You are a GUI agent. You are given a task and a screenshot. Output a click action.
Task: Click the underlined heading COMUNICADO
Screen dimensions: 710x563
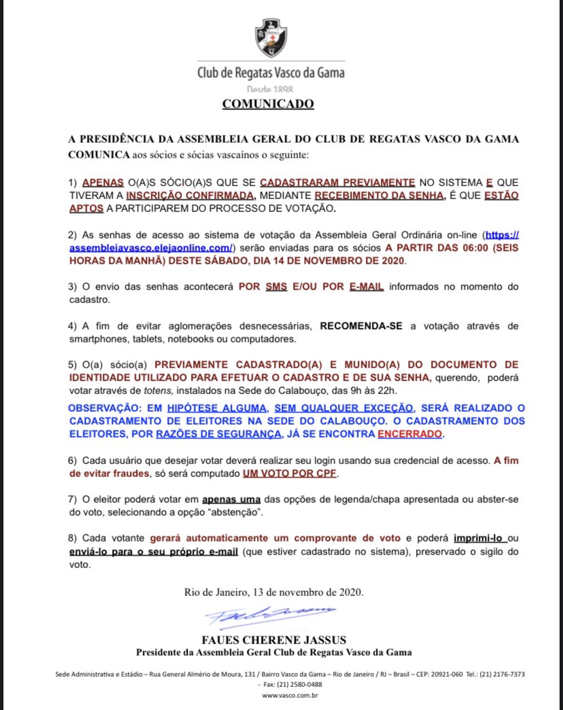(269, 104)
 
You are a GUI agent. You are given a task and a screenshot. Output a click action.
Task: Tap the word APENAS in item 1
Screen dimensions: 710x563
(103, 183)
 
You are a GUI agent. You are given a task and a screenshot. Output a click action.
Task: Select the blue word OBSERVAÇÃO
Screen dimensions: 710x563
(104, 408)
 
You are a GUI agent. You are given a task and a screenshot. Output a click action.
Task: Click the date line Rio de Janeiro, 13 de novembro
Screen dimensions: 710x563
(273, 592)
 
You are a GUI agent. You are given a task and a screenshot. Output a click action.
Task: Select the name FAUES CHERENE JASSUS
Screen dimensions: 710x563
(273, 639)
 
